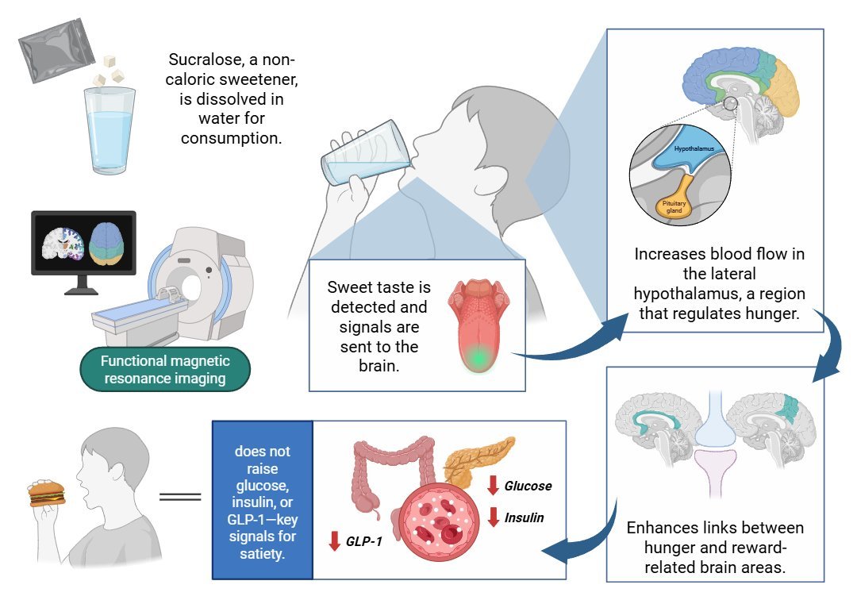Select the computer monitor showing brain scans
pyautogui.click(x=83, y=243)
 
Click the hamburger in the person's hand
pyautogui.click(x=46, y=494)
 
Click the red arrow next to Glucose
pyautogui.click(x=493, y=485)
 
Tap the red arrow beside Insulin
pyautogui.click(x=493, y=517)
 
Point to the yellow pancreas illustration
pyautogui.click(x=476, y=460)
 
